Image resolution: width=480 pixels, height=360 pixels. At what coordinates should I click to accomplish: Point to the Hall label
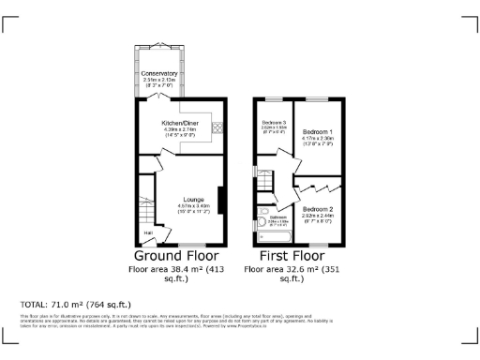coord(147,232)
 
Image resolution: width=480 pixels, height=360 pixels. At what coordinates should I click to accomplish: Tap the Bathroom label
coord(278,217)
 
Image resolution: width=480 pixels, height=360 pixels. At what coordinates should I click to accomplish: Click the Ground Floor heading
coord(176,255)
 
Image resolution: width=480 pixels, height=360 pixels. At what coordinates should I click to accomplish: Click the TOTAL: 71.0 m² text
coord(75,305)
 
